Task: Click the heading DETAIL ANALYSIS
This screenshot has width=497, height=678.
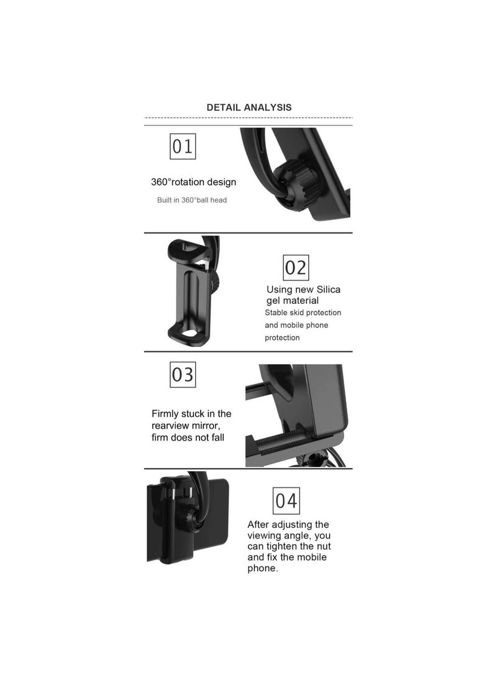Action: tap(248, 108)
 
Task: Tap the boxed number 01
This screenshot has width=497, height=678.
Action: tap(183, 147)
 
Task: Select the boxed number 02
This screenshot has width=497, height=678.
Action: tap(296, 268)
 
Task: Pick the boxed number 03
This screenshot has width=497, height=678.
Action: tap(183, 375)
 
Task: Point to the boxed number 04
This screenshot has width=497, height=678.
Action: tap(286, 501)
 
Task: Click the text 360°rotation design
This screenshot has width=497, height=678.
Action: tap(193, 182)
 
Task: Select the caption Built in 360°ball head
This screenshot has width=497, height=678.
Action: tap(191, 200)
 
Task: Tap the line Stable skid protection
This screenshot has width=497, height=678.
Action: tap(303, 313)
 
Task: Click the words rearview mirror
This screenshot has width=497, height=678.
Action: tap(185, 425)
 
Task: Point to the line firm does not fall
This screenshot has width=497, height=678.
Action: tap(188, 437)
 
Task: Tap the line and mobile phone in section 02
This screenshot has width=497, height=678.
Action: tap(296, 325)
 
